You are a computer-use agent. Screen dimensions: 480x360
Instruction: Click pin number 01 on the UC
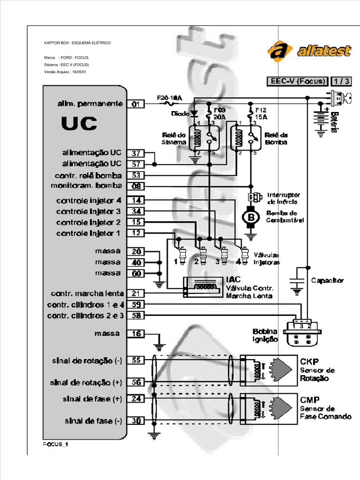click(135, 104)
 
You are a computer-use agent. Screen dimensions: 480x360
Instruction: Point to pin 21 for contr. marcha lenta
click(135, 293)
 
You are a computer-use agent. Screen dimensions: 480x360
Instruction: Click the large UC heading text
click(79, 124)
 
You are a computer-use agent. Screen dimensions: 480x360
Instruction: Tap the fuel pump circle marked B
click(250, 217)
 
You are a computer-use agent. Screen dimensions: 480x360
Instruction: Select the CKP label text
click(310, 361)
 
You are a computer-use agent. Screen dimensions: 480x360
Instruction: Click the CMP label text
click(310, 400)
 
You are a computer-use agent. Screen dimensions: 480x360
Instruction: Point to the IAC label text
click(233, 280)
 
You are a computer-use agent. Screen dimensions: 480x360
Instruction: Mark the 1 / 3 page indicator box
click(341, 81)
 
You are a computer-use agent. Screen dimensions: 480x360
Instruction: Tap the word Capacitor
click(327, 281)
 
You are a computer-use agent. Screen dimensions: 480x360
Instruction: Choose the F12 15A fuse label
click(260, 113)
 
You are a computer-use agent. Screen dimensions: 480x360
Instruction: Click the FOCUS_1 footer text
click(56, 444)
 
